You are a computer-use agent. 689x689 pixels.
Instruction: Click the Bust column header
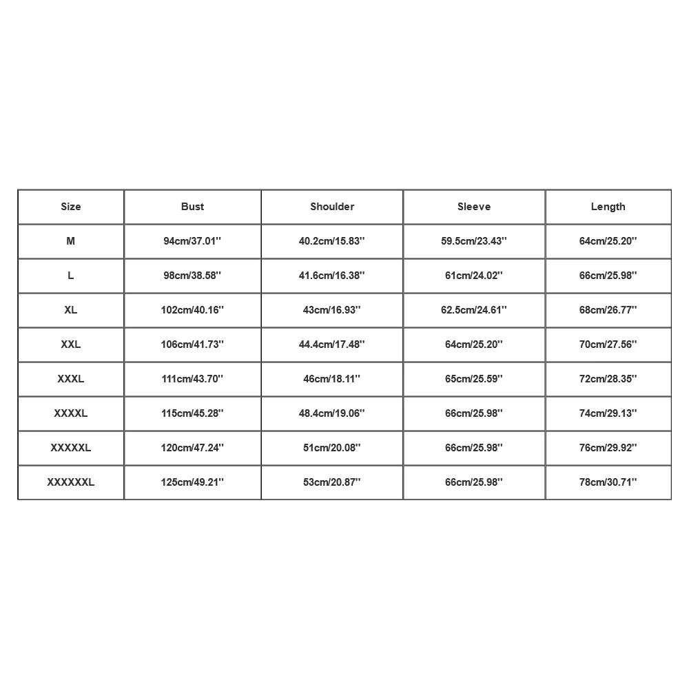point(193,207)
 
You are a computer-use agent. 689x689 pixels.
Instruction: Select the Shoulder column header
point(332,207)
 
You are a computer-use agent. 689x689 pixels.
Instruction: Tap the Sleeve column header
point(474,207)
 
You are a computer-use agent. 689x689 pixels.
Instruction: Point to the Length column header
point(608,207)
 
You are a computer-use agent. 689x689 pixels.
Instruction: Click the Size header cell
point(71,207)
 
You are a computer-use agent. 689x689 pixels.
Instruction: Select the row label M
point(71,241)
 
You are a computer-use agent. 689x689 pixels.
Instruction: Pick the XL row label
point(71,310)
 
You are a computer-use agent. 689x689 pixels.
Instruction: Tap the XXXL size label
point(71,379)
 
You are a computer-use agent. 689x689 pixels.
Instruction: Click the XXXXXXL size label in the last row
point(71,482)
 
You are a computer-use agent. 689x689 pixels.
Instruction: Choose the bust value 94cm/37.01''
point(193,241)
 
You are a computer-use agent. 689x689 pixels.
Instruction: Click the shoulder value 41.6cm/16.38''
point(332,276)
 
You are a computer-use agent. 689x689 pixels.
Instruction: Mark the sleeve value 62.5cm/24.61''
point(474,310)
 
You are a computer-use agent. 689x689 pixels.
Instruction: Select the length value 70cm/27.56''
point(608,344)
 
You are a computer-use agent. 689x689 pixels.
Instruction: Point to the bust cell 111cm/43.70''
point(193,379)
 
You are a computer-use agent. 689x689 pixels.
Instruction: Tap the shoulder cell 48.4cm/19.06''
point(332,413)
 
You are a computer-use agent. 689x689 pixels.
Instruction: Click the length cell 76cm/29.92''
point(608,448)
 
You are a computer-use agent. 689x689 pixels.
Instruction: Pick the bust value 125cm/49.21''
point(193,482)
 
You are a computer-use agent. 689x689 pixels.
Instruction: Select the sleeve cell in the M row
point(474,241)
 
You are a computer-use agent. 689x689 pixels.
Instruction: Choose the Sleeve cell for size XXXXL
point(474,413)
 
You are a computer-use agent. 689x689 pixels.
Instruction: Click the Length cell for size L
point(608,276)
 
